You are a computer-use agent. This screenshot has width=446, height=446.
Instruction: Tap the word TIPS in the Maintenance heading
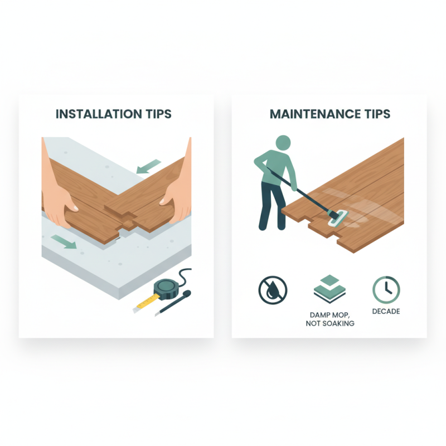(374, 114)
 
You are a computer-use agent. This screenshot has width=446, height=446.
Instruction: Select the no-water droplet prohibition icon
(273, 290)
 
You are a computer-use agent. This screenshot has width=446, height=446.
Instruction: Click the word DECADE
(386, 311)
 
